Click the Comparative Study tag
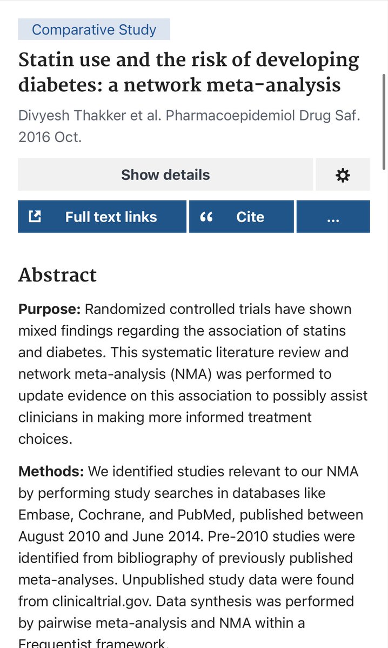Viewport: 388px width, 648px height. (x=94, y=29)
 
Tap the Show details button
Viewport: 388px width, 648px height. (x=165, y=175)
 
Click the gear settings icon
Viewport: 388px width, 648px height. (x=343, y=175)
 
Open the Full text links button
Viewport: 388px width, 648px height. (x=102, y=217)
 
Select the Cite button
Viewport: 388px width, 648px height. (x=242, y=217)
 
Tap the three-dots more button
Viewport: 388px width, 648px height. (x=333, y=217)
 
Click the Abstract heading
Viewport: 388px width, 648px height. (x=57, y=275)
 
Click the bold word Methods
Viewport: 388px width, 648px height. (x=51, y=471)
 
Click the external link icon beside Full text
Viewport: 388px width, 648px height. (x=35, y=217)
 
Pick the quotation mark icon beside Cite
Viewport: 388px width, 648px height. (x=206, y=217)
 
